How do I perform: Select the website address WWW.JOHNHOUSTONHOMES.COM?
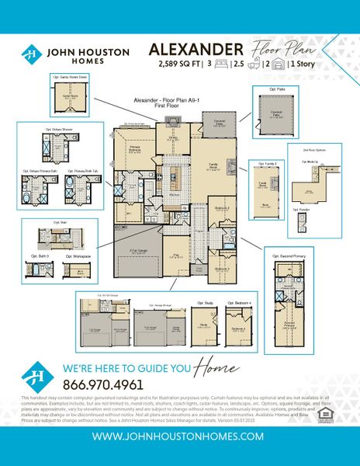[x=179, y=437]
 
